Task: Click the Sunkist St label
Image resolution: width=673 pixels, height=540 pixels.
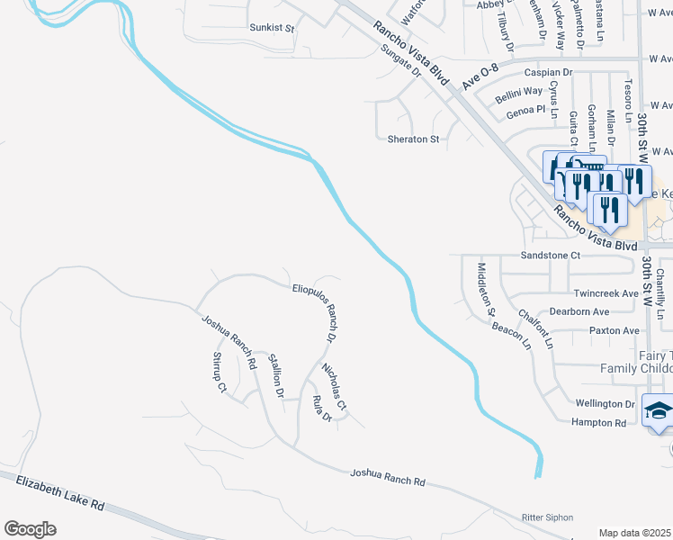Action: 272,28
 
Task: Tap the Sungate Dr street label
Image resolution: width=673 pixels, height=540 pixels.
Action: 400,61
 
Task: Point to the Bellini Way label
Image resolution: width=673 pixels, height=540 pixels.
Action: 521,91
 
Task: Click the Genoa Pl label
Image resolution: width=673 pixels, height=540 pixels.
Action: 526,109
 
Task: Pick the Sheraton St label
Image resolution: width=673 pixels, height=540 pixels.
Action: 413,139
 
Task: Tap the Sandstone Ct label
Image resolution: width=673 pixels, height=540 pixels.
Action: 552,256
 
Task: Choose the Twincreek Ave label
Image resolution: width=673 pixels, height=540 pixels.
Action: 606,293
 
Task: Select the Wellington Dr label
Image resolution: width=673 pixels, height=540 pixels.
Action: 605,404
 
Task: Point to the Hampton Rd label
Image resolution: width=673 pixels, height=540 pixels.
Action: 597,422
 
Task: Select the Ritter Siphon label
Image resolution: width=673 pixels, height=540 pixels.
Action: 547,517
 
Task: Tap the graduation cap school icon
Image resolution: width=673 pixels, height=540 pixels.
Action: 657,409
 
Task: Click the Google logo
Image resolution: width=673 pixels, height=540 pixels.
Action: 31,529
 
